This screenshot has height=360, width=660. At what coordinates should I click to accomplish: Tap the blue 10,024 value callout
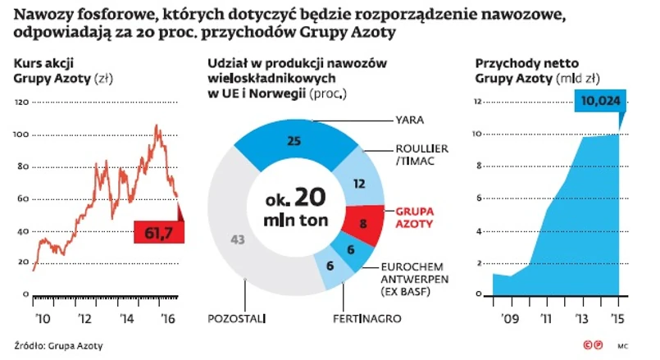601,101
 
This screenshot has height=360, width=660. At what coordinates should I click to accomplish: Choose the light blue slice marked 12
357,185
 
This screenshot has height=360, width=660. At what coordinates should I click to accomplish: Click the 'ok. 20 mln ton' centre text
296,208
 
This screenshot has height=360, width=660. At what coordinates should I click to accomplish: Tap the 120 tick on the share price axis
22,102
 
